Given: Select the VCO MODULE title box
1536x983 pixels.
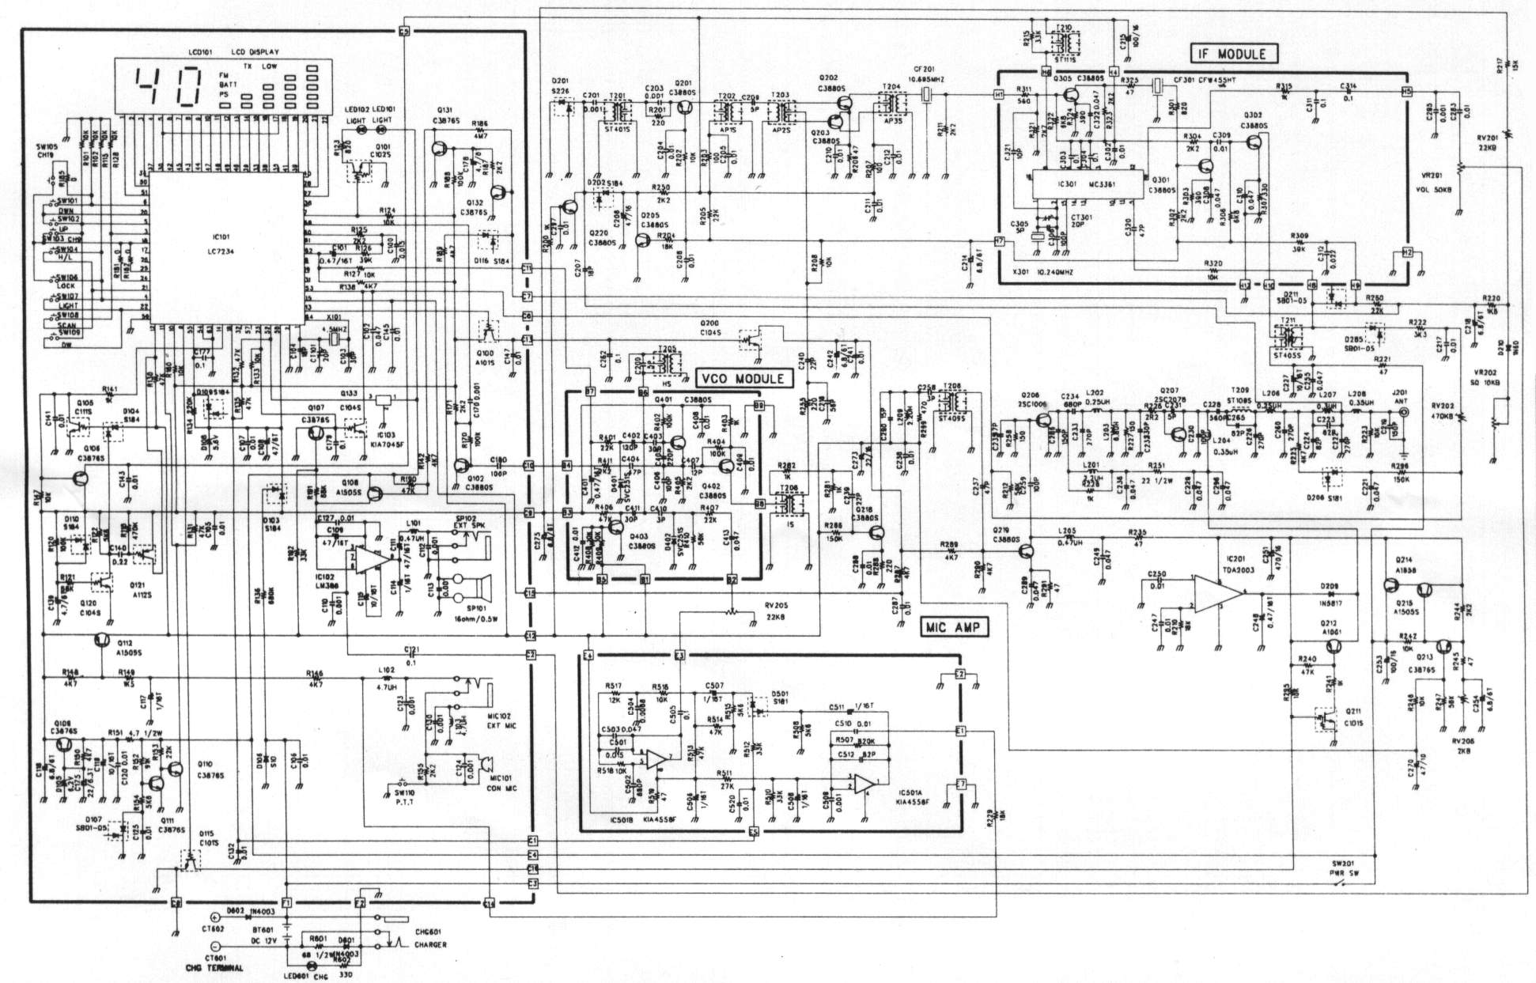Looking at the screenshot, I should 743,379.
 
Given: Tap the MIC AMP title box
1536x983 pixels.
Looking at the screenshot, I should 952,628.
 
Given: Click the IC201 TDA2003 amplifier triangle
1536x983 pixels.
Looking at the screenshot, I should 1218,594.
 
